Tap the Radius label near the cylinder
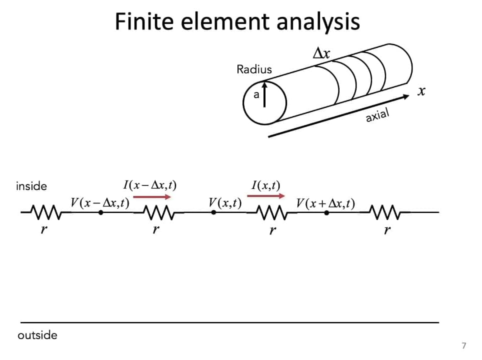click(254, 69)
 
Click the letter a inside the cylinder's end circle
click(256, 94)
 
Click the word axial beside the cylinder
click(377, 115)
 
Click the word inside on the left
click(31, 186)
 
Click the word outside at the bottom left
click(37, 335)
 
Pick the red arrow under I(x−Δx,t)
click(152, 196)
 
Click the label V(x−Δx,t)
click(100, 203)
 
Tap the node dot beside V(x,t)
click(213, 212)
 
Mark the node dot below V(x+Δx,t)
click(326, 212)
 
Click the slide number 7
click(464, 345)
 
